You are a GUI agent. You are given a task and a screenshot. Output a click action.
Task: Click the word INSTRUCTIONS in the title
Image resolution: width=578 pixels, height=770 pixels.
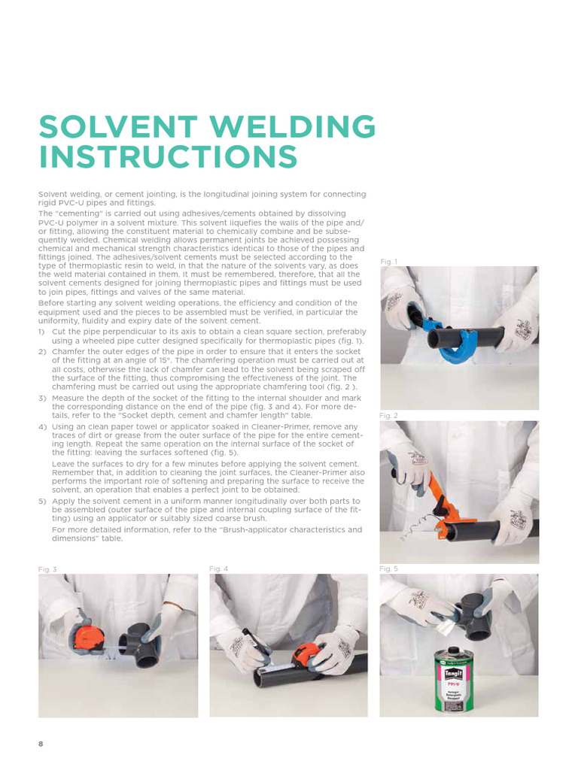169,158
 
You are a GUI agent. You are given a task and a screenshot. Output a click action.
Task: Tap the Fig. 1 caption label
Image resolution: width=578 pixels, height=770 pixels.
389,261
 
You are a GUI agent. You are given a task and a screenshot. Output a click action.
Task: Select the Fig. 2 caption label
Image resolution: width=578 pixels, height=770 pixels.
389,415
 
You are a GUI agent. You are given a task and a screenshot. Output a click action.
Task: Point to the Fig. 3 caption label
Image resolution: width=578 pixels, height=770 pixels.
47,569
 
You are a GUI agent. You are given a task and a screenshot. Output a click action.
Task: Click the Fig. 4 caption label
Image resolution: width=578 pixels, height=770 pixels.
218,569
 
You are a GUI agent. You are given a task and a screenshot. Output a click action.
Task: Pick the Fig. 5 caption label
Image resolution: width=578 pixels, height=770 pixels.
389,569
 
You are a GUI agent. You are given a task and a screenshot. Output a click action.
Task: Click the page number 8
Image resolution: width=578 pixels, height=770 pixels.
41,744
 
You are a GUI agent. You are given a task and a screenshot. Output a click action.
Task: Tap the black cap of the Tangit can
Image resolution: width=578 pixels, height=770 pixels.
456,649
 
